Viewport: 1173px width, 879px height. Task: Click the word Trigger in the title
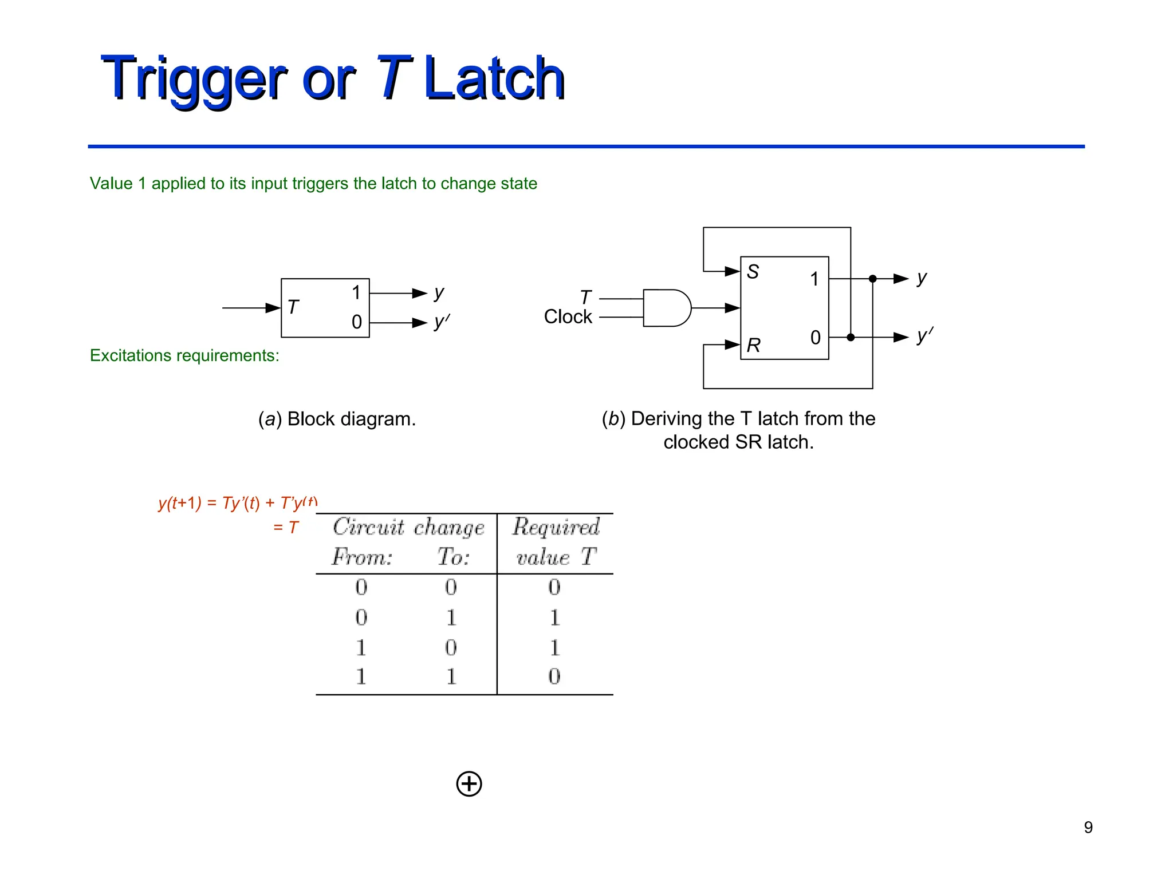194,79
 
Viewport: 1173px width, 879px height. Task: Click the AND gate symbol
666,308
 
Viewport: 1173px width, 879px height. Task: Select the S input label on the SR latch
753,272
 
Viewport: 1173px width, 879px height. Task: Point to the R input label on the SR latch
753,345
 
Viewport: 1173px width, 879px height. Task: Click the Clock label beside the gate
567,316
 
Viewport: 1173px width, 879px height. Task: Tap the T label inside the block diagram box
293,307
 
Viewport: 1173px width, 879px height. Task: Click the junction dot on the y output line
872,279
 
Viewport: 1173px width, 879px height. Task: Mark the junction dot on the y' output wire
851,337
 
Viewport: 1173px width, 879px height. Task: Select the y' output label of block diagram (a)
441,322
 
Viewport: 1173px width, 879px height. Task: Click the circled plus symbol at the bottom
469,783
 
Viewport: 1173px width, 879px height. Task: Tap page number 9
1088,827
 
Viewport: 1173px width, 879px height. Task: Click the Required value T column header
556,541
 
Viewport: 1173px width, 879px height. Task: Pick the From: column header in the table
362,557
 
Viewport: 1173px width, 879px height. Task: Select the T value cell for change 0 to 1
554,617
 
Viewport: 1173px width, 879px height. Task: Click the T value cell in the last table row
554,676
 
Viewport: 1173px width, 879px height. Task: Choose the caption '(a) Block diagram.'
337,419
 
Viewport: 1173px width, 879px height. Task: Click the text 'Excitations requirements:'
184,355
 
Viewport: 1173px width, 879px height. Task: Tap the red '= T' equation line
286,527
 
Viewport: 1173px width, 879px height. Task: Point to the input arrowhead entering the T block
273,308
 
